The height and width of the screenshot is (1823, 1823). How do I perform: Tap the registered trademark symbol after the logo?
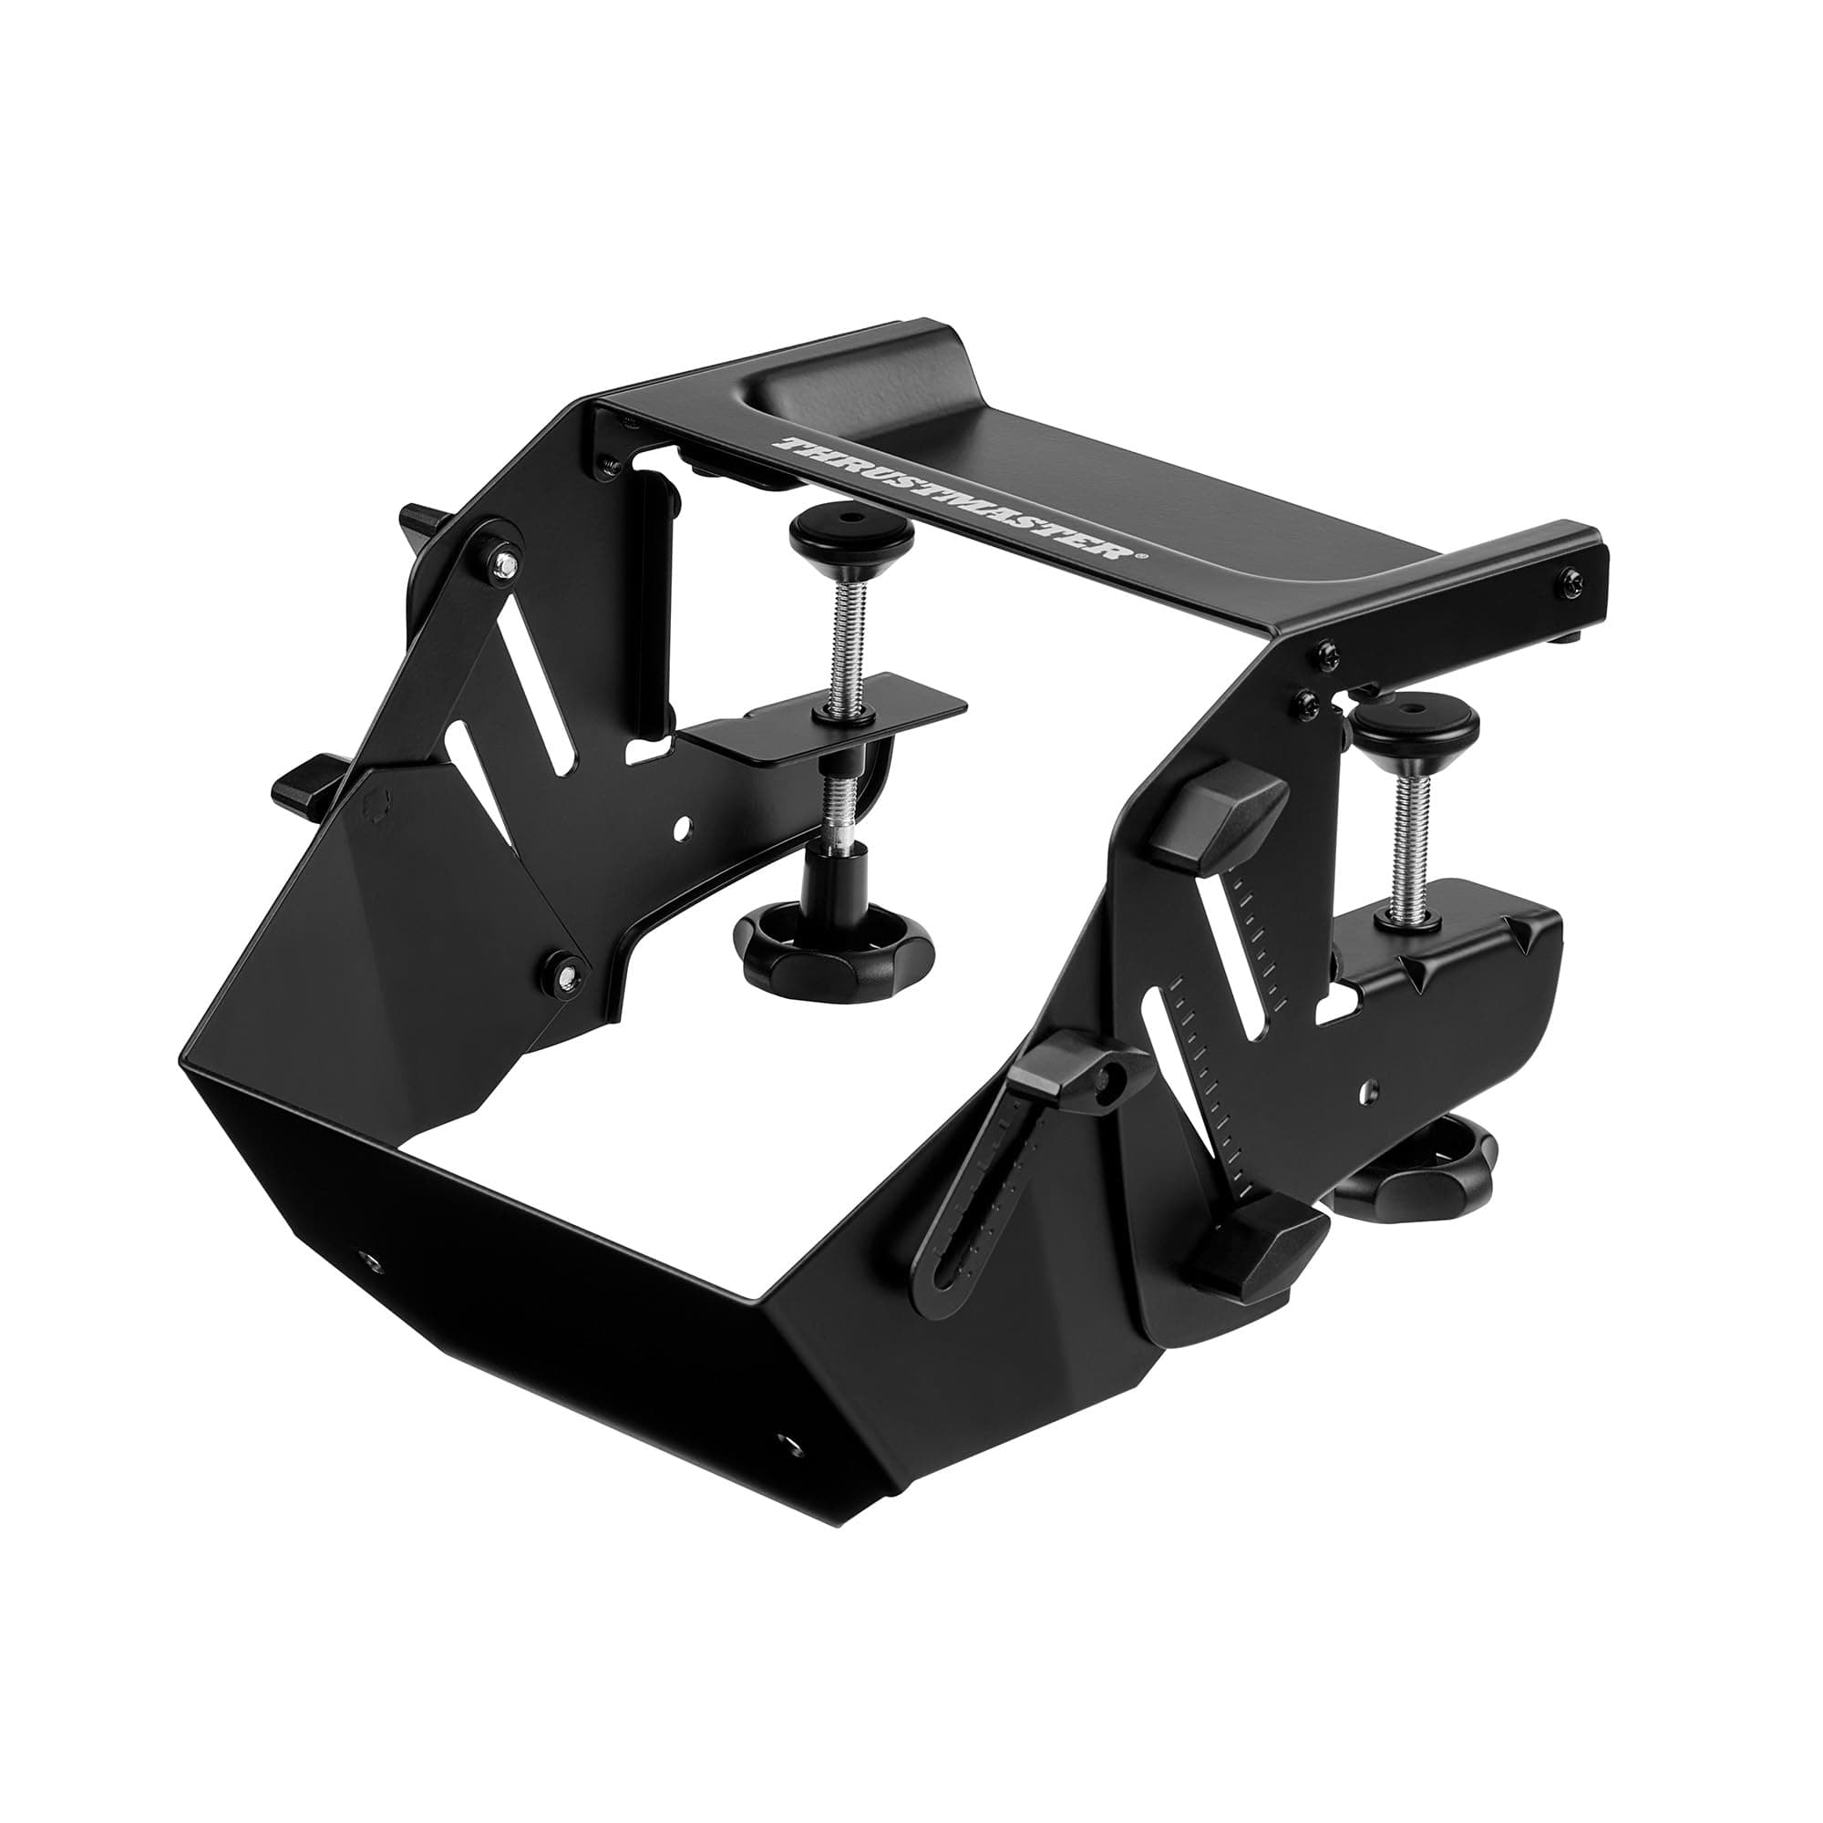pyautogui.click(x=1143, y=558)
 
